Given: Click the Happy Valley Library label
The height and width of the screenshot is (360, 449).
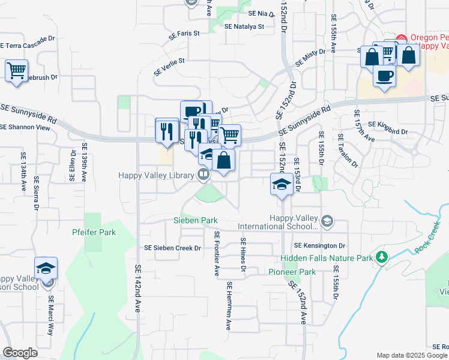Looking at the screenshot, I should [x=156, y=175].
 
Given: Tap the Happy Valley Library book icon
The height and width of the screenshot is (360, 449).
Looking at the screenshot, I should [x=203, y=175].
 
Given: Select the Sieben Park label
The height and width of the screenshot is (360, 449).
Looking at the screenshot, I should [x=196, y=220].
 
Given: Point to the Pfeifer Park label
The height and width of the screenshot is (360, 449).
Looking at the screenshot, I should [x=93, y=232].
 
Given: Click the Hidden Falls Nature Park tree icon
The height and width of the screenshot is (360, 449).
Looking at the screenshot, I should [x=381, y=257].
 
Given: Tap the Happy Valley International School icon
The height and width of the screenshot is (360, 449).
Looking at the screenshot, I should [x=327, y=222].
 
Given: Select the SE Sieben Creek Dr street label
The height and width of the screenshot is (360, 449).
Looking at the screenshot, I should [x=172, y=247].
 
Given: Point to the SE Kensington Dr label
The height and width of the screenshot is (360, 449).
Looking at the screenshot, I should [x=320, y=245].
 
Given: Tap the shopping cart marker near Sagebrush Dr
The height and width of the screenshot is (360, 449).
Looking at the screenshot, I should [x=17, y=70].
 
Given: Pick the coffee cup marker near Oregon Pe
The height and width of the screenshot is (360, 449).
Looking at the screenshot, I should [x=384, y=76].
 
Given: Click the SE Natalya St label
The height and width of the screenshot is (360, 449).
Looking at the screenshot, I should [x=244, y=26].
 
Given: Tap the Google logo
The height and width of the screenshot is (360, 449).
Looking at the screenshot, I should [x=20, y=353].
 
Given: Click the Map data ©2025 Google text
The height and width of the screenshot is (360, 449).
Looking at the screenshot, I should [x=411, y=355].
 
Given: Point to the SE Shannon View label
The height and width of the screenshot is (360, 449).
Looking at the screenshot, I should [x=25, y=127].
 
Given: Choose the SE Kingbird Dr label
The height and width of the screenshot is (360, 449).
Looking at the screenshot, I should [x=384, y=127].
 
